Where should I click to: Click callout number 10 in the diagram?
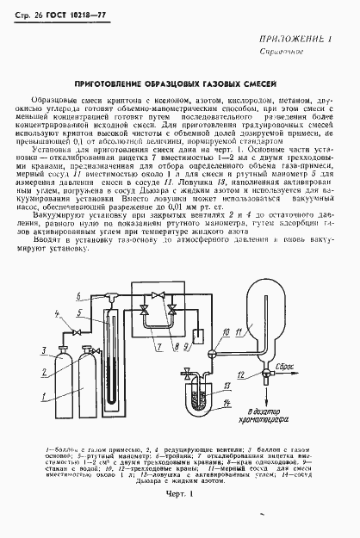tap(214, 331)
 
